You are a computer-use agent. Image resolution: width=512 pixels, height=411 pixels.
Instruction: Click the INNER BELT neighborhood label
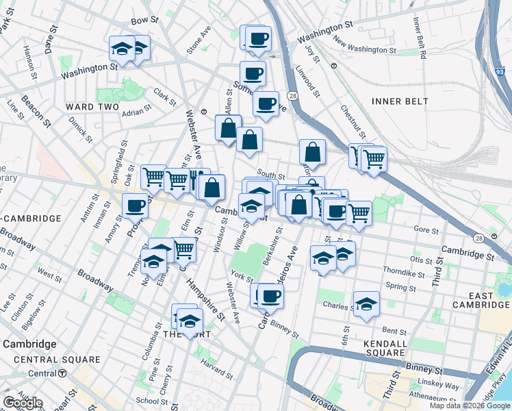pos(400,101)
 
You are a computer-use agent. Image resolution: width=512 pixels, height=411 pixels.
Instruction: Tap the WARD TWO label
pos(92,107)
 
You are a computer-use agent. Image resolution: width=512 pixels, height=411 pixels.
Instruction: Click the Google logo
pos(23,403)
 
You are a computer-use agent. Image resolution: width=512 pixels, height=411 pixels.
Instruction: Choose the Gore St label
pos(426,231)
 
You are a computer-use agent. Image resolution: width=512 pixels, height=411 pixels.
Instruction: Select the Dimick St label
pos(80,129)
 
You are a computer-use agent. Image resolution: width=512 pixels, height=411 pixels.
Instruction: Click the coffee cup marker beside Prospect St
pos(136,206)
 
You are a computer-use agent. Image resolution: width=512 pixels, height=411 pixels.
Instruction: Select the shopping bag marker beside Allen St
pos(228,128)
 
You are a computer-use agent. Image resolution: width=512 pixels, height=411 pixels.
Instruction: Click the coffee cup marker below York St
pos(270,296)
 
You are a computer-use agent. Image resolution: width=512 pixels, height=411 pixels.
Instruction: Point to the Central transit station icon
pos(62,373)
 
